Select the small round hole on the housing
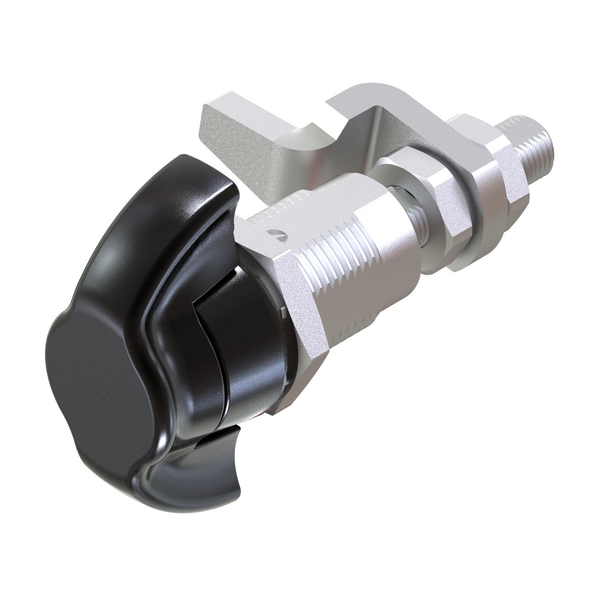(x=281, y=234)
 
